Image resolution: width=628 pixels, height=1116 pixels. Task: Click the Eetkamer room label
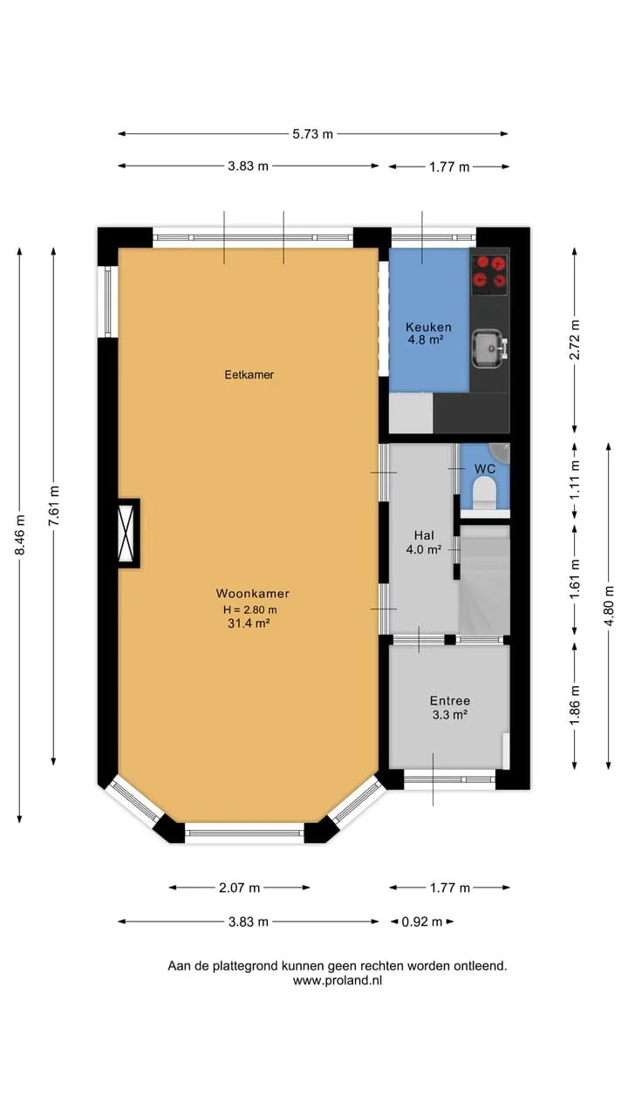249,375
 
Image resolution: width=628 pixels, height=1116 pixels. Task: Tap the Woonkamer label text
253,594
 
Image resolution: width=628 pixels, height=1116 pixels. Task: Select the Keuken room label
428,327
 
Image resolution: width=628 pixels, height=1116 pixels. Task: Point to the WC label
485,469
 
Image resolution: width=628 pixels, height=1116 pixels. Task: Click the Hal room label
424,535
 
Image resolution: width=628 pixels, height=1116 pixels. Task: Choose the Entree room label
450,701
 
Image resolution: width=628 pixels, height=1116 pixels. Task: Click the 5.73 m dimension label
312,134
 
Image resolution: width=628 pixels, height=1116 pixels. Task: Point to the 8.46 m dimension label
20,534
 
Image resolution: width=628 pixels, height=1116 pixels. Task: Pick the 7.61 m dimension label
54,506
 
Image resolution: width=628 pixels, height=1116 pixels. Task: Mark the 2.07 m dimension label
239,888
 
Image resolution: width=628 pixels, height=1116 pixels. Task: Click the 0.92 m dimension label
422,922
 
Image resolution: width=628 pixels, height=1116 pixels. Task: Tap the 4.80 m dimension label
609,606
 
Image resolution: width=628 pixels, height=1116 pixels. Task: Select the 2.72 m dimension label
575,339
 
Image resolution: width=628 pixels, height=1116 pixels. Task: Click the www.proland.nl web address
338,981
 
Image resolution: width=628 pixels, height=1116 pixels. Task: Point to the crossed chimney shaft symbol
126,533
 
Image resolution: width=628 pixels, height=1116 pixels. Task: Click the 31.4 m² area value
249,623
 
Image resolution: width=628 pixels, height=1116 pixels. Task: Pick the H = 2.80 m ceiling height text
249,609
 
